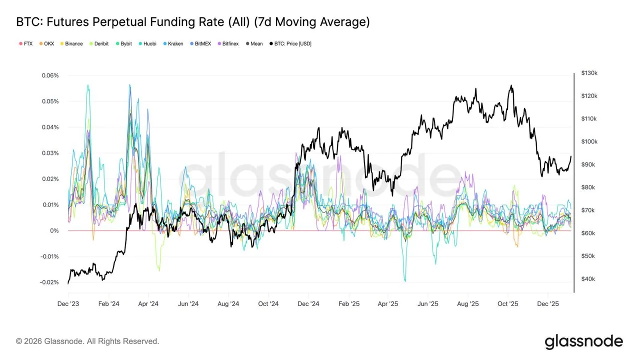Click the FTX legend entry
point(25,44)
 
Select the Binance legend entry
point(71,44)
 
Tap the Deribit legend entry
point(99,44)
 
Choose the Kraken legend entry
point(172,44)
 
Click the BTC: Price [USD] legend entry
point(290,44)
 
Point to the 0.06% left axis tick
point(49,75)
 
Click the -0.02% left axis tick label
point(48,282)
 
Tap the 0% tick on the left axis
point(54,231)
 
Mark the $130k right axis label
point(589,73)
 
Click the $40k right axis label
point(588,279)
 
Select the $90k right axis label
point(588,164)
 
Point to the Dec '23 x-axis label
point(68,304)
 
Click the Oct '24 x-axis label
point(268,304)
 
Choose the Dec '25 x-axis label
point(548,304)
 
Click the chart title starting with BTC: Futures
point(193,22)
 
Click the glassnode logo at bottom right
point(583,341)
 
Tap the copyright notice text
point(87,341)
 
